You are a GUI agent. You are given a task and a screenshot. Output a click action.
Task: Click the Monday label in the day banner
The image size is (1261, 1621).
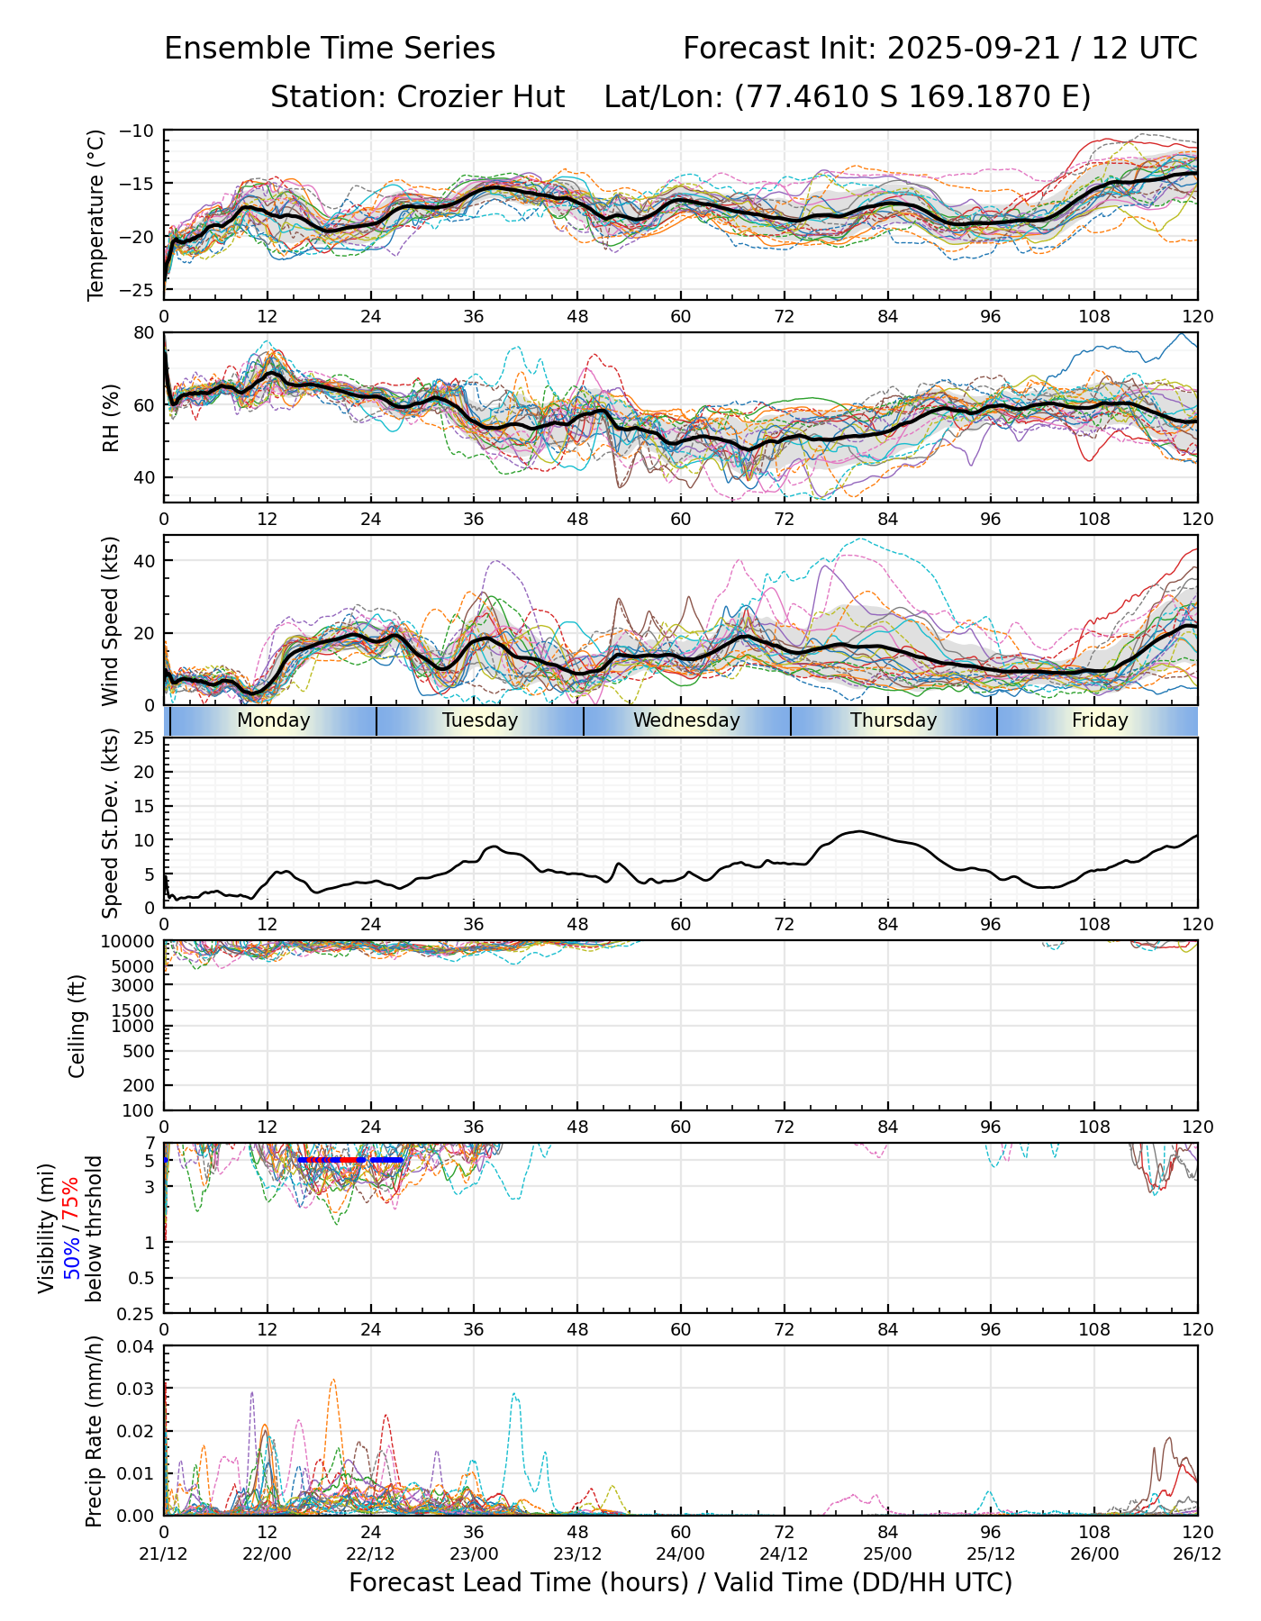(x=273, y=720)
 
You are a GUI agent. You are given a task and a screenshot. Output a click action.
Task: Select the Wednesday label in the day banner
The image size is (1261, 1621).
(x=686, y=720)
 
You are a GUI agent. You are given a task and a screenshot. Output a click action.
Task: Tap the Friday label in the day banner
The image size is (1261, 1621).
(x=1100, y=720)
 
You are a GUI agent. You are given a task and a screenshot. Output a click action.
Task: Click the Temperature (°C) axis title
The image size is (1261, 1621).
(x=96, y=214)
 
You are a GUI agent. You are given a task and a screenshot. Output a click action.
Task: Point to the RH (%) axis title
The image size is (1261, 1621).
(x=111, y=417)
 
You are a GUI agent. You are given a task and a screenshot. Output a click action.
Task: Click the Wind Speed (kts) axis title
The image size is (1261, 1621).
(x=110, y=620)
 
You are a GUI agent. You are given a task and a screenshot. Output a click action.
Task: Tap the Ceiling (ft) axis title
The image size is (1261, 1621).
(x=77, y=1026)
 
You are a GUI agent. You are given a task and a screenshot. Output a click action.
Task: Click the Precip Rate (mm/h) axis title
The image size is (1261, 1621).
(x=94, y=1431)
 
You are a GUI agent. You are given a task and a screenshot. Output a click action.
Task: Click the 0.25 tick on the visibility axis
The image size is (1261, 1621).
(x=137, y=1313)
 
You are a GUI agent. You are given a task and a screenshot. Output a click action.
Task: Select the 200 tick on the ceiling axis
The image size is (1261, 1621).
(x=141, y=1086)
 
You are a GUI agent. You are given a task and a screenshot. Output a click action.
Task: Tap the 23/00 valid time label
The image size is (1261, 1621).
(x=474, y=1553)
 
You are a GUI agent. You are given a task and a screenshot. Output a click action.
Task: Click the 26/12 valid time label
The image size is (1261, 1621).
(x=1198, y=1553)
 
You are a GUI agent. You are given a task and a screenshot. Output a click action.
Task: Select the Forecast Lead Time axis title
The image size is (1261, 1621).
(x=680, y=1582)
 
